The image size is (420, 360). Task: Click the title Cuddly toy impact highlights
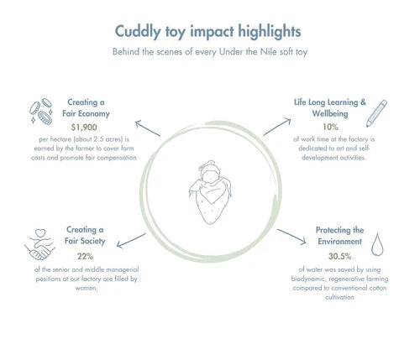[207, 32]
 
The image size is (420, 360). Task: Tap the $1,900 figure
[84, 128]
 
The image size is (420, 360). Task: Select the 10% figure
[330, 127]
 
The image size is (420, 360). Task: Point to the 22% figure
[85, 256]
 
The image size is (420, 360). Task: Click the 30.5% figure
[340, 256]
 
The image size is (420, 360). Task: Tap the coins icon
[41, 111]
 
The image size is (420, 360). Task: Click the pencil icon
[376, 113]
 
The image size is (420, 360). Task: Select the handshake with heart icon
[39, 244]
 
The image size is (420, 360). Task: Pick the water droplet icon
[377, 244]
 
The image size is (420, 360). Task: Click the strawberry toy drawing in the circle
[210, 192]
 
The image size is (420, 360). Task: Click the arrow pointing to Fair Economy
[148, 128]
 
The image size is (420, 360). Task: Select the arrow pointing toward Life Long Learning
[277, 127]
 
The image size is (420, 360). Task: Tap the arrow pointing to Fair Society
[131, 241]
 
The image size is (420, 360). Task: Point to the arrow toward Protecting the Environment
[291, 237]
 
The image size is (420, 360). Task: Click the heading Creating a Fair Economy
[86, 108]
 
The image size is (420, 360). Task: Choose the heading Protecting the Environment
[339, 236]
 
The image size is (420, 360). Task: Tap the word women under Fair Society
[87, 288]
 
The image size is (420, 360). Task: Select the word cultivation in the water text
[339, 297]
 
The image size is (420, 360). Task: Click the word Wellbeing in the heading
[330, 114]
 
